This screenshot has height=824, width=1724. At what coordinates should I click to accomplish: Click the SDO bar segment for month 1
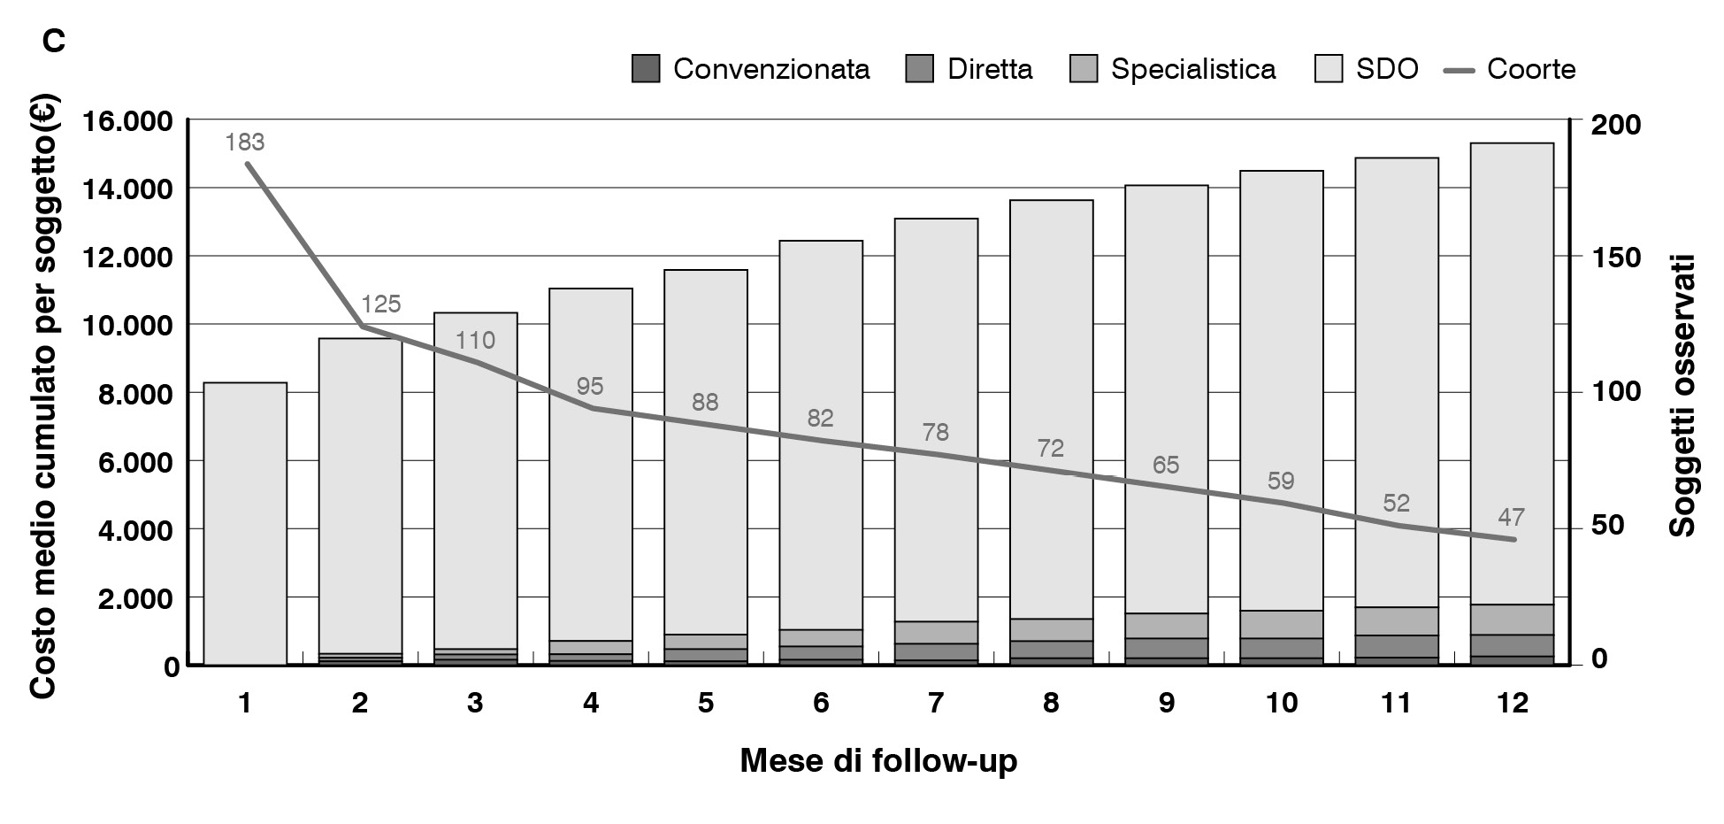245,522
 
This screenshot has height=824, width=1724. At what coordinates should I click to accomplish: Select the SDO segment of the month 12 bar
1512,372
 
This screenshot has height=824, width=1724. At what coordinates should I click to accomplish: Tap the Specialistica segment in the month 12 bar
1512,620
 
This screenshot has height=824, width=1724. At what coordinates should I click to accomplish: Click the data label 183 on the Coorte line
245,142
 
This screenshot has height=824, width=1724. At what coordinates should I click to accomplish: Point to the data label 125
381,304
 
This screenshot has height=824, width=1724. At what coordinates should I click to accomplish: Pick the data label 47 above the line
1512,517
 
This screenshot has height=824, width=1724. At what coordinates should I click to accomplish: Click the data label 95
590,386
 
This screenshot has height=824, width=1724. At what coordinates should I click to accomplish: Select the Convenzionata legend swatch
646,70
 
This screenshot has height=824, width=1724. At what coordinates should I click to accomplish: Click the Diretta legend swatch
920,70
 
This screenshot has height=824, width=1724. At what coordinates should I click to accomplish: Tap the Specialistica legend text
1193,70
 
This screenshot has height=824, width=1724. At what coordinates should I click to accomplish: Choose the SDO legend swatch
1329,70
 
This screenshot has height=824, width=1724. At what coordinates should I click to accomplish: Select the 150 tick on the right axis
1615,258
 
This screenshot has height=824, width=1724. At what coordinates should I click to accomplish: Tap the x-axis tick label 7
936,703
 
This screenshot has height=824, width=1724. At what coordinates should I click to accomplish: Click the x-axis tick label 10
1281,703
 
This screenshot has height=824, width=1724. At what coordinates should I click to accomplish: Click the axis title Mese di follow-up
878,761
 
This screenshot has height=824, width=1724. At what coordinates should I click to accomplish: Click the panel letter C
54,41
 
